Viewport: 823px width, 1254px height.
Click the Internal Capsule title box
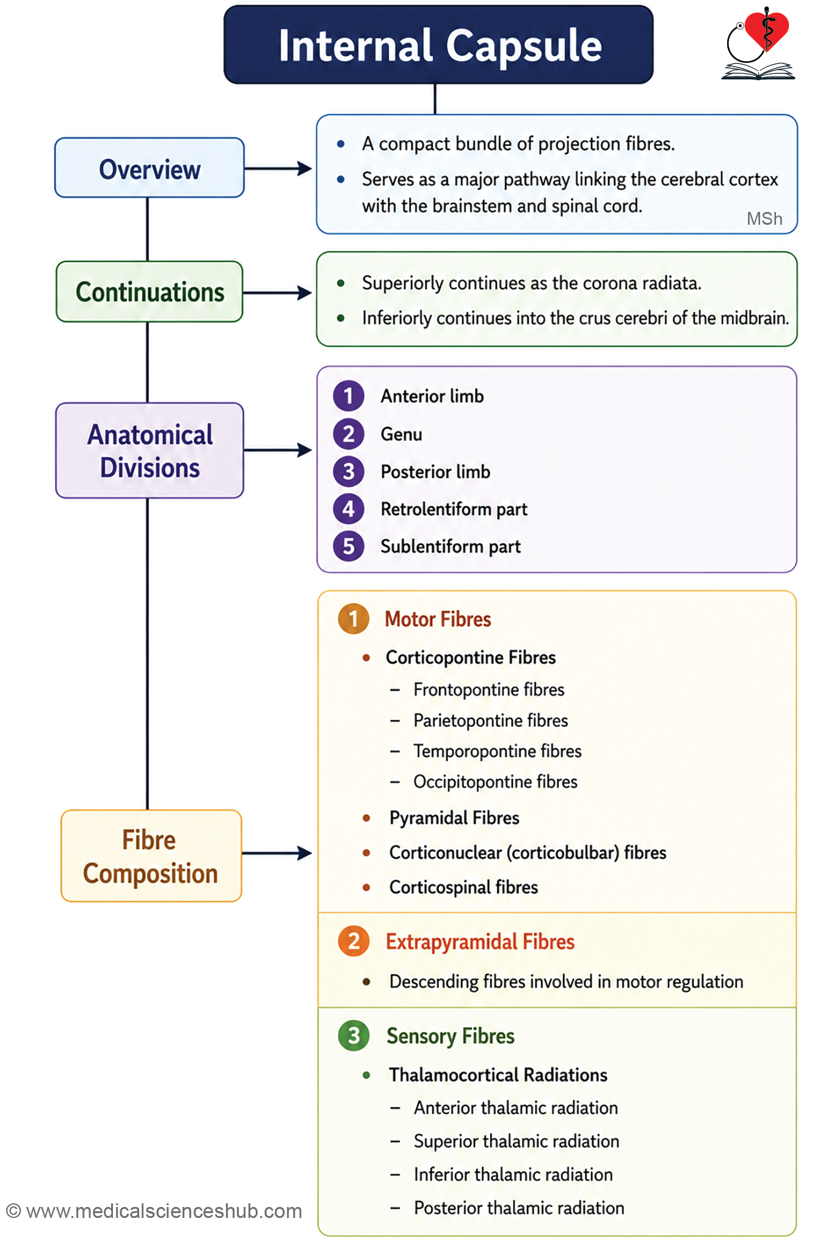(x=438, y=45)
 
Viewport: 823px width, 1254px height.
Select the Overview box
(x=150, y=168)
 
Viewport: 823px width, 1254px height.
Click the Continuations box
(x=150, y=292)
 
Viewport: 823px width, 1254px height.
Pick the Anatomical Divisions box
(x=150, y=451)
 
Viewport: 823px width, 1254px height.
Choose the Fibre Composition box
(x=151, y=856)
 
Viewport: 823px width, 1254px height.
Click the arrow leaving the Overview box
(x=278, y=169)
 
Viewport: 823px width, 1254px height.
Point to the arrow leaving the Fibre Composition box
(x=277, y=853)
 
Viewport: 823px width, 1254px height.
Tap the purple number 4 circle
(x=349, y=509)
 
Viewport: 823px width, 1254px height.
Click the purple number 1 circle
(x=349, y=396)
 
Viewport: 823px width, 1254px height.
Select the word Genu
(x=401, y=434)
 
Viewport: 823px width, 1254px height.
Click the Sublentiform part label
(x=451, y=547)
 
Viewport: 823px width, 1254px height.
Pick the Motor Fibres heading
(x=438, y=619)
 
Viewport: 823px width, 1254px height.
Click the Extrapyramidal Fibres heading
(x=480, y=942)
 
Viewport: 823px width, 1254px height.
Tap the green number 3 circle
(x=353, y=1036)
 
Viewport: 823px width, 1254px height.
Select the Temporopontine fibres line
(x=498, y=751)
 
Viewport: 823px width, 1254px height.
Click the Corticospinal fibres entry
(x=463, y=888)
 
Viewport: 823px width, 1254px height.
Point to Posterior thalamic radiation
(x=519, y=1208)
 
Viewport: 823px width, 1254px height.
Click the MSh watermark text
(x=764, y=219)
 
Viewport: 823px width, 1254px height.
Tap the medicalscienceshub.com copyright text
(x=154, y=1211)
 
